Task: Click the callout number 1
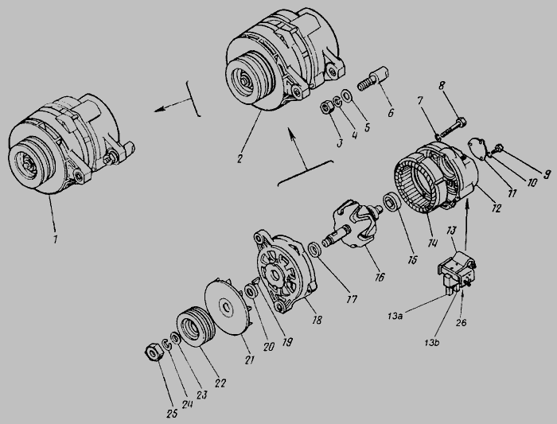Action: tap(55, 239)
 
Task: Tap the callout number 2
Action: tap(240, 159)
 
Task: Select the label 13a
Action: tap(395, 316)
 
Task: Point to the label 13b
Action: tap(431, 343)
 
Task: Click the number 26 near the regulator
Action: tap(461, 322)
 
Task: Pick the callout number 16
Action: tap(380, 277)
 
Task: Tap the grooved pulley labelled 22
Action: tap(196, 326)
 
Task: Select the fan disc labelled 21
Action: tap(229, 306)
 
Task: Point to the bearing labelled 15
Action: tap(392, 203)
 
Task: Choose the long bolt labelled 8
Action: tap(452, 129)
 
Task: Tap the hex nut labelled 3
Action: tap(326, 107)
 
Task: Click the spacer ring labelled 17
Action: tap(315, 249)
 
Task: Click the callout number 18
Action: tap(317, 320)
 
